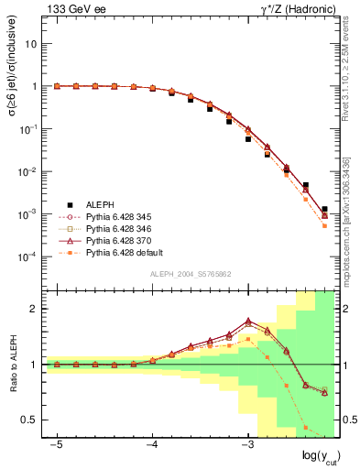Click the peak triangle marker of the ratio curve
(248, 322)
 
